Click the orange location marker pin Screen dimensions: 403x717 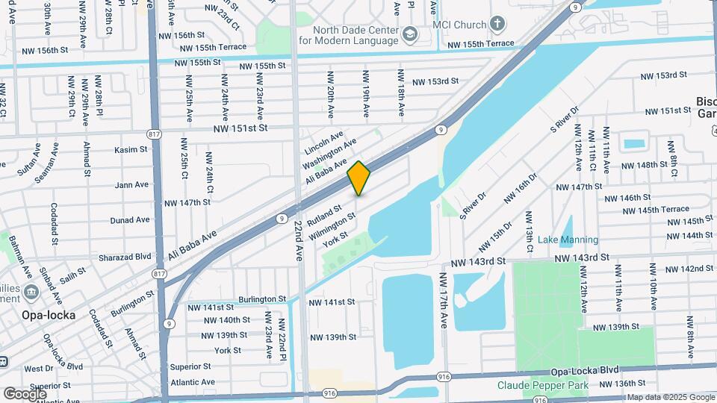(359, 178)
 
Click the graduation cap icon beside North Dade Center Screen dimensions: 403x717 (410, 34)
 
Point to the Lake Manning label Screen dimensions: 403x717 (568, 240)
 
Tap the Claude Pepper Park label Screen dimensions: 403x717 (543, 385)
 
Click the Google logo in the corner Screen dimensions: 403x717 (25, 393)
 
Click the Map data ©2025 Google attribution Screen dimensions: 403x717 (670, 398)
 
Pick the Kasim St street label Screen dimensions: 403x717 (131, 149)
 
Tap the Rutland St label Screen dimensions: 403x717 (324, 217)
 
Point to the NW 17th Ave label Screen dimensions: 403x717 (443, 299)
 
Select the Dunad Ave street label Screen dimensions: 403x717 (130, 220)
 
